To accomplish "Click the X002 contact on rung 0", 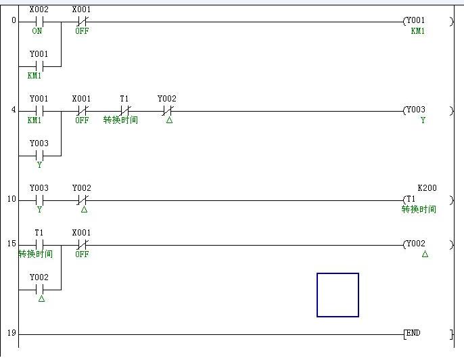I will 39,21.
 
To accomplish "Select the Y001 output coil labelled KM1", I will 414,21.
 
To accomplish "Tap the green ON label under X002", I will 37,31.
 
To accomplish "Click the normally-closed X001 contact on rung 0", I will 82,21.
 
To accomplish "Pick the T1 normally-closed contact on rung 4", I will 124,110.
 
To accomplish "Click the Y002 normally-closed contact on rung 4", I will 168,110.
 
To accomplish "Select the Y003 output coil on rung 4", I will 414,110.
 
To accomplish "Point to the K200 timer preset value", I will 427,187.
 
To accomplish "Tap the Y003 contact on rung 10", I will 39,200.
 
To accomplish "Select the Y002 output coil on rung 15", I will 414,244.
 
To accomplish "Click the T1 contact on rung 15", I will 39,244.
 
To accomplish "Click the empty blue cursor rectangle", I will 338,294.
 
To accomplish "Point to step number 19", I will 12,334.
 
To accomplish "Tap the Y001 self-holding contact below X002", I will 39,66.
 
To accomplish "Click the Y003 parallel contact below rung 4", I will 39,155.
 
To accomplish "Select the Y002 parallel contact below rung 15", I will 39,289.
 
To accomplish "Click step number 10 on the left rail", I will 12,200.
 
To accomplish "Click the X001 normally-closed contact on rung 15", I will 82,244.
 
